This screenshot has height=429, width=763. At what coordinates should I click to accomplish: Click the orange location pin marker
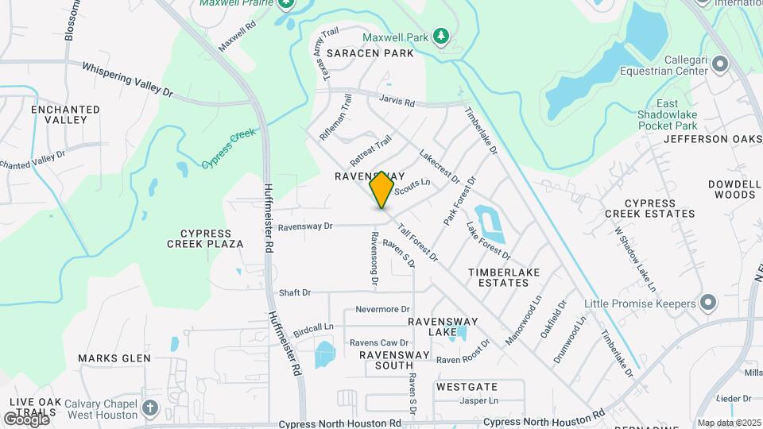382,189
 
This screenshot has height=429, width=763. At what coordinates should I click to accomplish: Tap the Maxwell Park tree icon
440,37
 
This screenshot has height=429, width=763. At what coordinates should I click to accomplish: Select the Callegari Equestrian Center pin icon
720,63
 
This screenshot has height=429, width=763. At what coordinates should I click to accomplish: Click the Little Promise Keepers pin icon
708,303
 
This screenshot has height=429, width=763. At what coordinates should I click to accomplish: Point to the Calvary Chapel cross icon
150,409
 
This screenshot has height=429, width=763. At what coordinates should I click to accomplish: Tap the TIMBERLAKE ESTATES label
503,277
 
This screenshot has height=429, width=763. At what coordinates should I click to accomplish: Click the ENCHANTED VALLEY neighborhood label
65,114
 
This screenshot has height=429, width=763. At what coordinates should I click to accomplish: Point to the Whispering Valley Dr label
126,80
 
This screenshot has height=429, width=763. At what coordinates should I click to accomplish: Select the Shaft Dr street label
295,293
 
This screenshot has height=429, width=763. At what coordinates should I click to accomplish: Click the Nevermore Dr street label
382,309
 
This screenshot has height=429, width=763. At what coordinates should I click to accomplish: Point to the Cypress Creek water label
228,149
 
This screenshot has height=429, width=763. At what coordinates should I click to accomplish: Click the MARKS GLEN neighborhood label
114,358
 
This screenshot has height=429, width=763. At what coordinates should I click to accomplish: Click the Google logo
26,419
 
